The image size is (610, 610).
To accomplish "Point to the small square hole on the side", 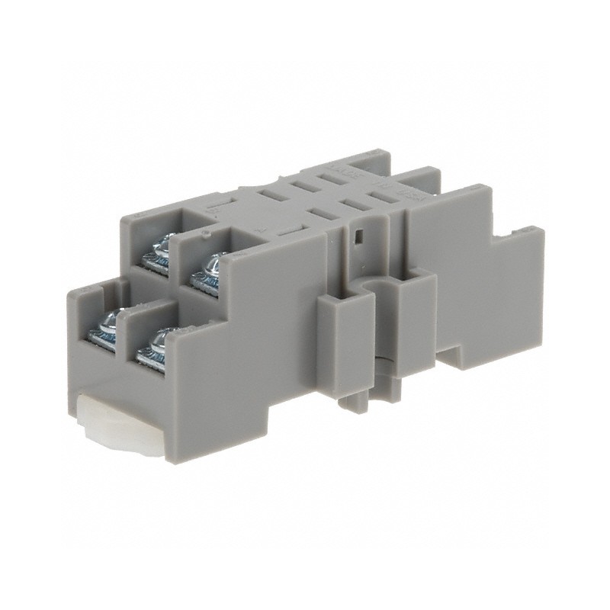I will tap(356, 236).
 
